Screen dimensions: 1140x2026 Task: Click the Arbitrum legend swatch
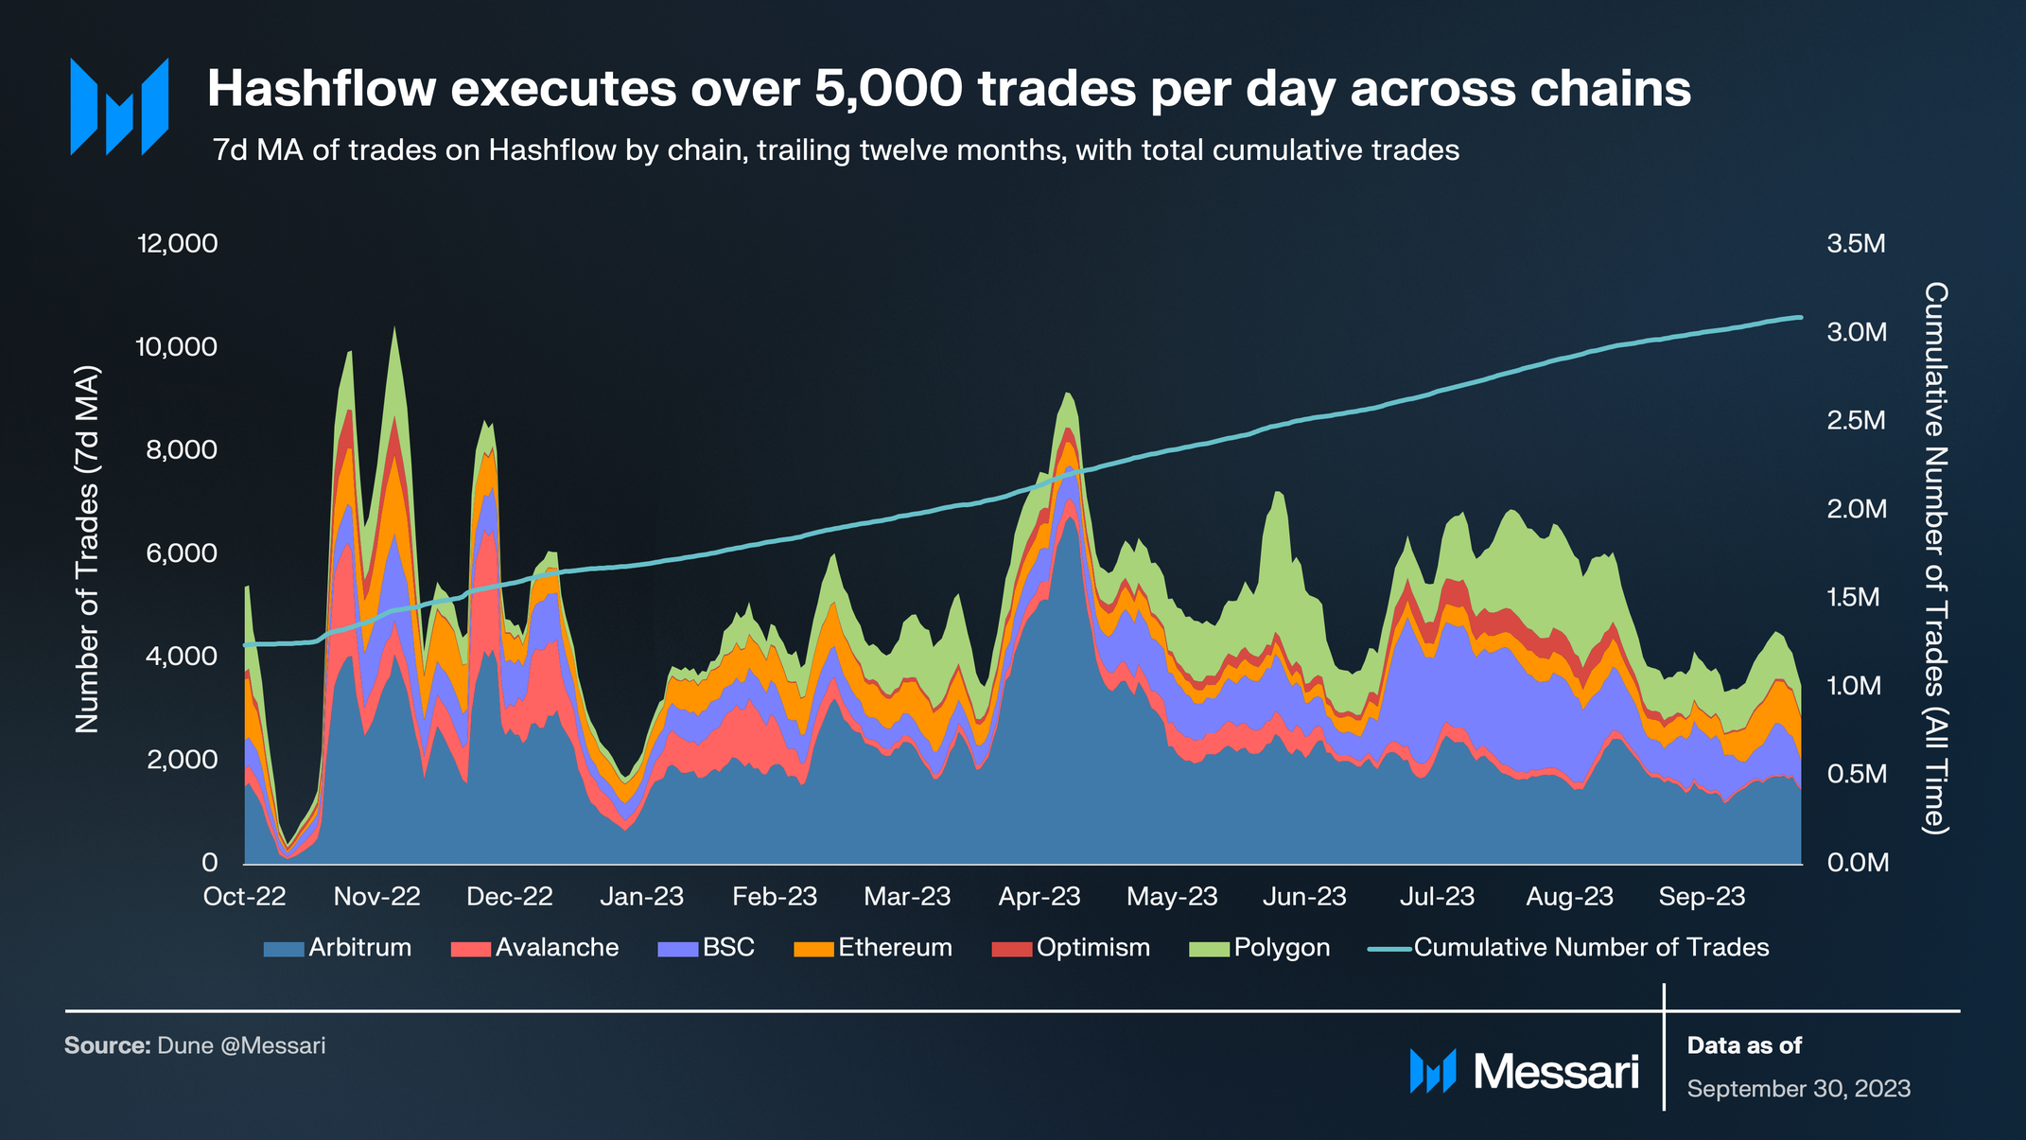[x=283, y=948]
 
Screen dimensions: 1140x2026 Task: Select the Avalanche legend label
[x=556, y=948]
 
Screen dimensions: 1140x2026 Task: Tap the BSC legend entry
[x=727, y=948]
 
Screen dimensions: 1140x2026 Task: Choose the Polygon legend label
[x=1282, y=948]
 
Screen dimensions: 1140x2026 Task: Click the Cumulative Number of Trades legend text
[x=1591, y=948]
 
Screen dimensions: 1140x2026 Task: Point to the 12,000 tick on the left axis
[x=178, y=244]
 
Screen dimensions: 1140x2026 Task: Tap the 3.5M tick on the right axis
[x=1856, y=244]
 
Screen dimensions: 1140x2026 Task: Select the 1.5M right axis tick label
[x=1853, y=598]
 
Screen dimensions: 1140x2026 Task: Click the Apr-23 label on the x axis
[x=1039, y=897]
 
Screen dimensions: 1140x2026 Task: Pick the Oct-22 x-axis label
[x=244, y=897]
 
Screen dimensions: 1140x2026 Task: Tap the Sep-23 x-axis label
[x=1702, y=897]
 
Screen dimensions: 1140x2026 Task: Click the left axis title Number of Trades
[x=87, y=549]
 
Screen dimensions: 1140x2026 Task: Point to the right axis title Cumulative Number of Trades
[x=1935, y=558]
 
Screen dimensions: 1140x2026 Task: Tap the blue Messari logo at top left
[x=119, y=106]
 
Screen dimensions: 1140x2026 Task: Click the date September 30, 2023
[x=1798, y=1089]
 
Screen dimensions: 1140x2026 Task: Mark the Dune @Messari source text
[x=241, y=1045]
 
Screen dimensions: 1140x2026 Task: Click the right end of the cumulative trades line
[x=1799, y=317]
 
